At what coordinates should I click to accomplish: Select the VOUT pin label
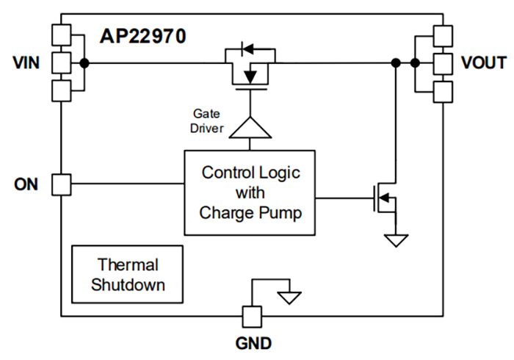click(482, 62)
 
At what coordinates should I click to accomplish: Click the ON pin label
click(26, 184)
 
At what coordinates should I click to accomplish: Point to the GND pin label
click(253, 343)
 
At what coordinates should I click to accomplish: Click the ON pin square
click(62, 184)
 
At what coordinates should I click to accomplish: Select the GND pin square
click(252, 317)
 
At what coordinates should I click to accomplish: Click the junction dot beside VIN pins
click(85, 63)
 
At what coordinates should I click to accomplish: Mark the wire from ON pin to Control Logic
click(125, 184)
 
